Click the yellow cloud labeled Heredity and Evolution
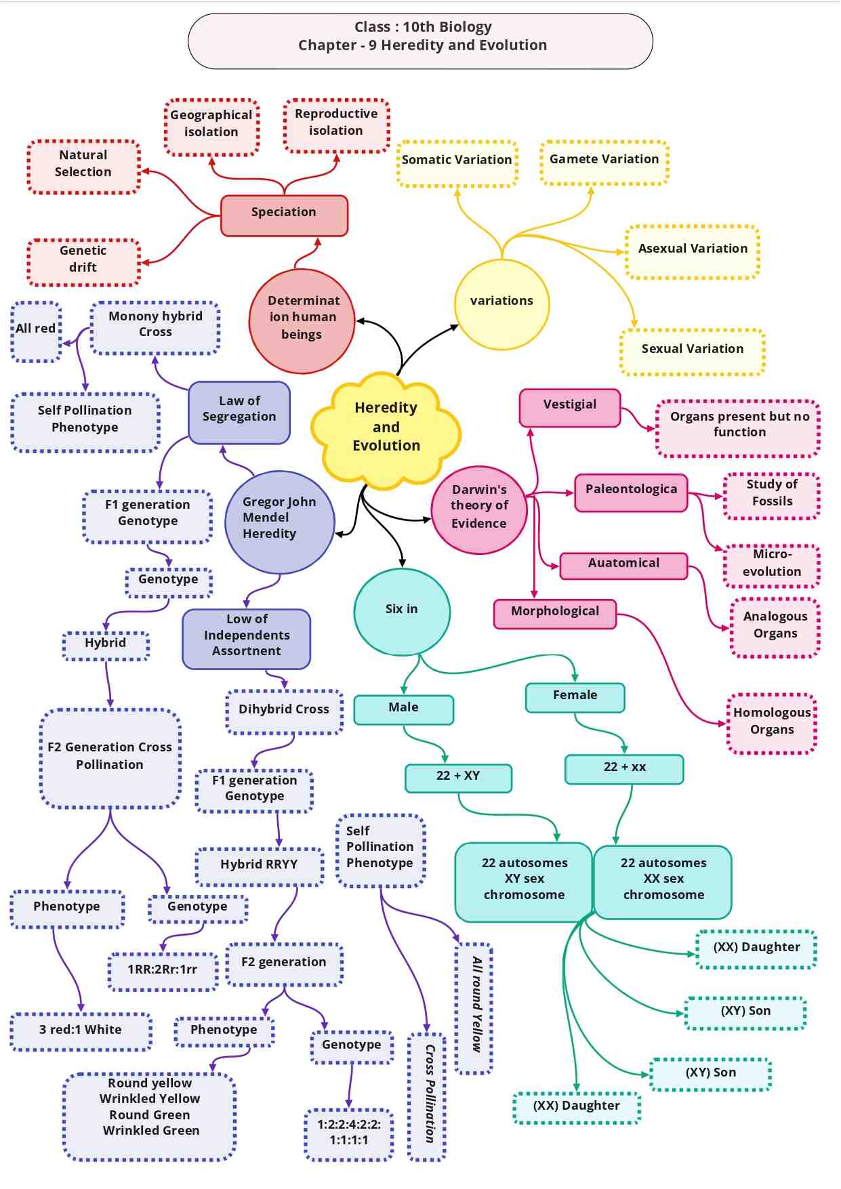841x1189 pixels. click(x=386, y=427)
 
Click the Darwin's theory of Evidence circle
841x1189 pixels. click(x=479, y=509)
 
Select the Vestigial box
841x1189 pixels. click(x=570, y=407)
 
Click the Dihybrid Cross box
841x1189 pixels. click(x=284, y=711)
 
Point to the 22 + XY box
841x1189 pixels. click(x=458, y=778)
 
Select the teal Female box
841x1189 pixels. click(x=575, y=697)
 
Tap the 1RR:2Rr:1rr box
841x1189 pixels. click(x=163, y=972)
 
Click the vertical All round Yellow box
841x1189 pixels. click(x=474, y=1008)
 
